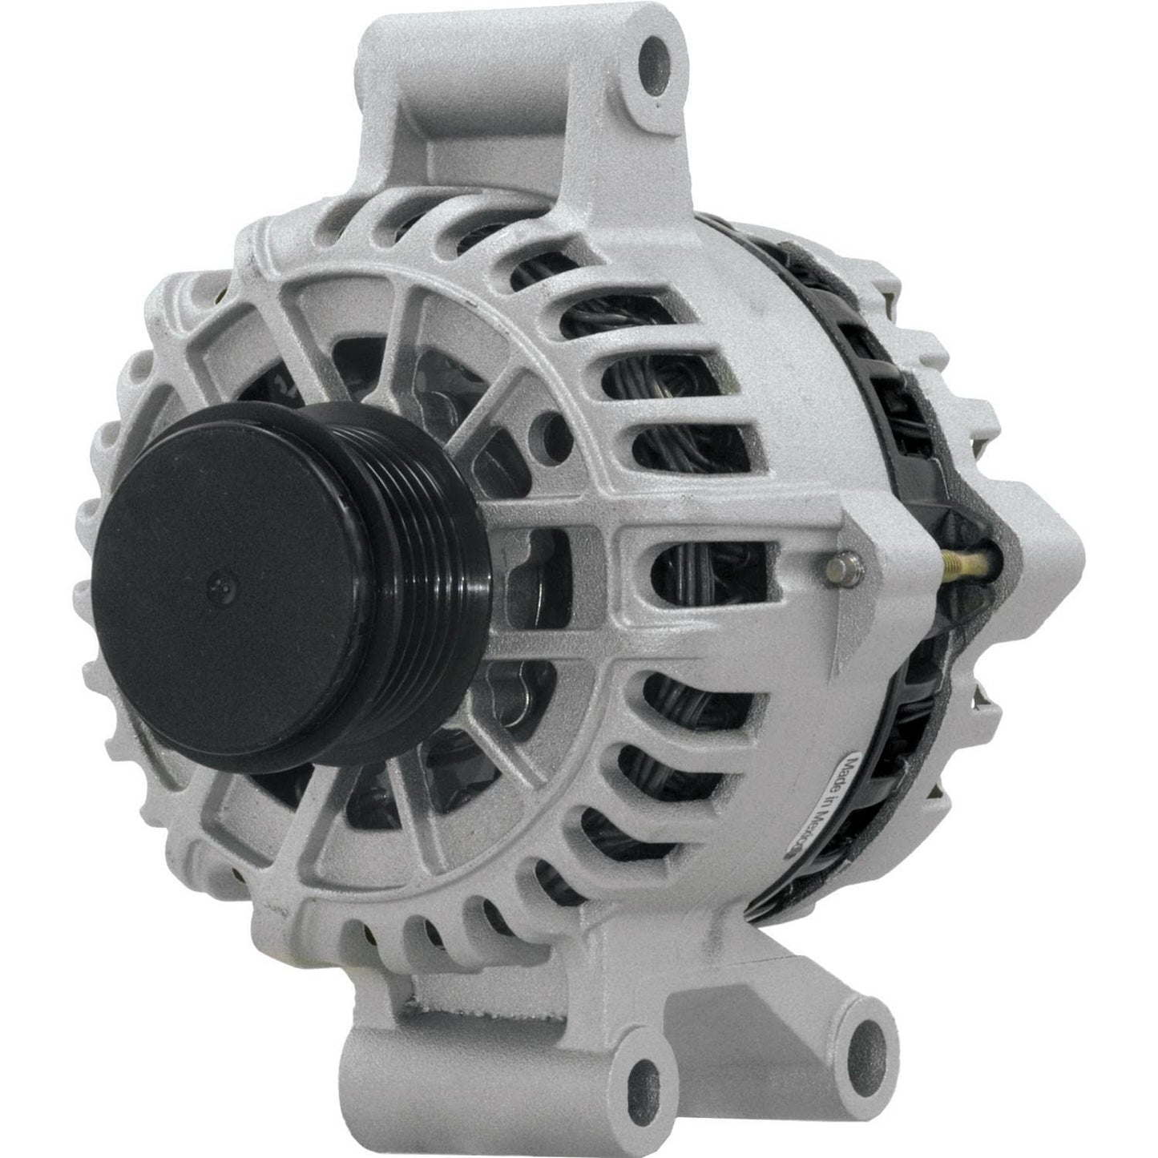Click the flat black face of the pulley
[264, 561]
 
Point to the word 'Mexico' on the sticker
[869, 817]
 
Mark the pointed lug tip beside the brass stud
[1066, 553]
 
